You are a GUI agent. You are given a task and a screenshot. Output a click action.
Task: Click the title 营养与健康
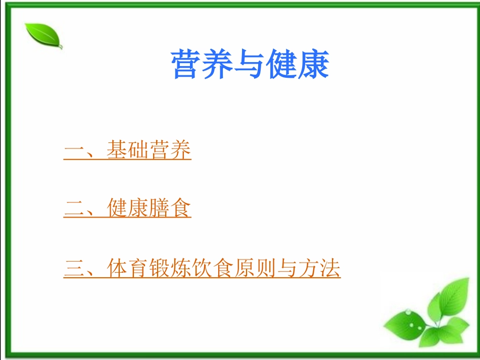pos(251,65)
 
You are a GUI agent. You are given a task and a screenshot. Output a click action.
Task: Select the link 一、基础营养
pos(127,150)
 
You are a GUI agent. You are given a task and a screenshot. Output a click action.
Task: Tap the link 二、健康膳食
pos(127,209)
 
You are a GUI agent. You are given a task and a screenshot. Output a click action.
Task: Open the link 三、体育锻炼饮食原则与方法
pos(202,268)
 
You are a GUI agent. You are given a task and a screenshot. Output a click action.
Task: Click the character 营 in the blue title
pos(187,65)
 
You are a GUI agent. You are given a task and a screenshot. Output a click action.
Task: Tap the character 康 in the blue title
pos(313,65)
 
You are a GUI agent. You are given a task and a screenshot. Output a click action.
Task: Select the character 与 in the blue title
pos(250,65)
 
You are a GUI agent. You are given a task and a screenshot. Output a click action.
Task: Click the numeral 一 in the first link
pos(74,150)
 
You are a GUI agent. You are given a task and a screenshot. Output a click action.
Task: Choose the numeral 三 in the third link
pos(74,269)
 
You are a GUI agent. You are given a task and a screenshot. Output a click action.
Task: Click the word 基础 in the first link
pos(128,150)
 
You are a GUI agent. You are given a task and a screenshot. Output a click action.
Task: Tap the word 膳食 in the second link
pos(170,209)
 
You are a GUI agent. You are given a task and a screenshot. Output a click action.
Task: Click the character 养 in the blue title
pos(218,65)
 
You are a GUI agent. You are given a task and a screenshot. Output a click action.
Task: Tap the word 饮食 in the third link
pos(213,268)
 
